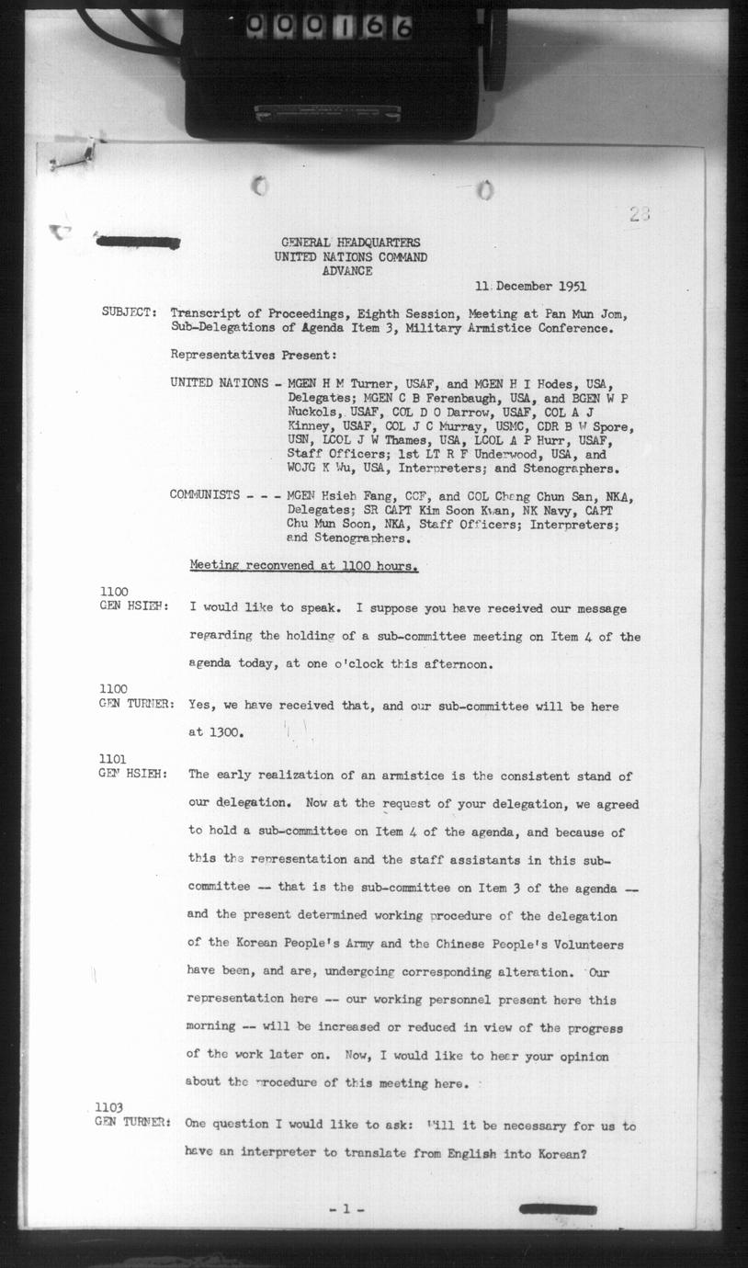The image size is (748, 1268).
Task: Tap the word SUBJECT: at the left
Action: click(129, 312)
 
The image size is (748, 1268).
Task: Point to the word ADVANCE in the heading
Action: click(347, 271)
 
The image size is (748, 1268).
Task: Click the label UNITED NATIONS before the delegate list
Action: click(219, 382)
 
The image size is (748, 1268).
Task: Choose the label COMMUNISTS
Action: click(205, 495)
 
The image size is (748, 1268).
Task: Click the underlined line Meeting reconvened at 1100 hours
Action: click(303, 566)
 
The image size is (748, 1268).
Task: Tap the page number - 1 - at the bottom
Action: click(346, 1209)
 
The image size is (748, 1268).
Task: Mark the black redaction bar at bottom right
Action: click(558, 1209)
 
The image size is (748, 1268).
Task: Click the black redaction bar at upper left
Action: click(139, 243)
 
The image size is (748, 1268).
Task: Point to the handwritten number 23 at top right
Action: click(640, 214)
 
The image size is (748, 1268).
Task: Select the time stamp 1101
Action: click(113, 759)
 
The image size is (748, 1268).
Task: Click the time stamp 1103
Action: click(109, 1108)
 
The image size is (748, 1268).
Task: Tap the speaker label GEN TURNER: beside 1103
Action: click(132, 1122)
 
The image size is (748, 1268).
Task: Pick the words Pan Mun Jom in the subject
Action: click(585, 313)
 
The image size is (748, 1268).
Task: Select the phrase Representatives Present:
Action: click(253, 355)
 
